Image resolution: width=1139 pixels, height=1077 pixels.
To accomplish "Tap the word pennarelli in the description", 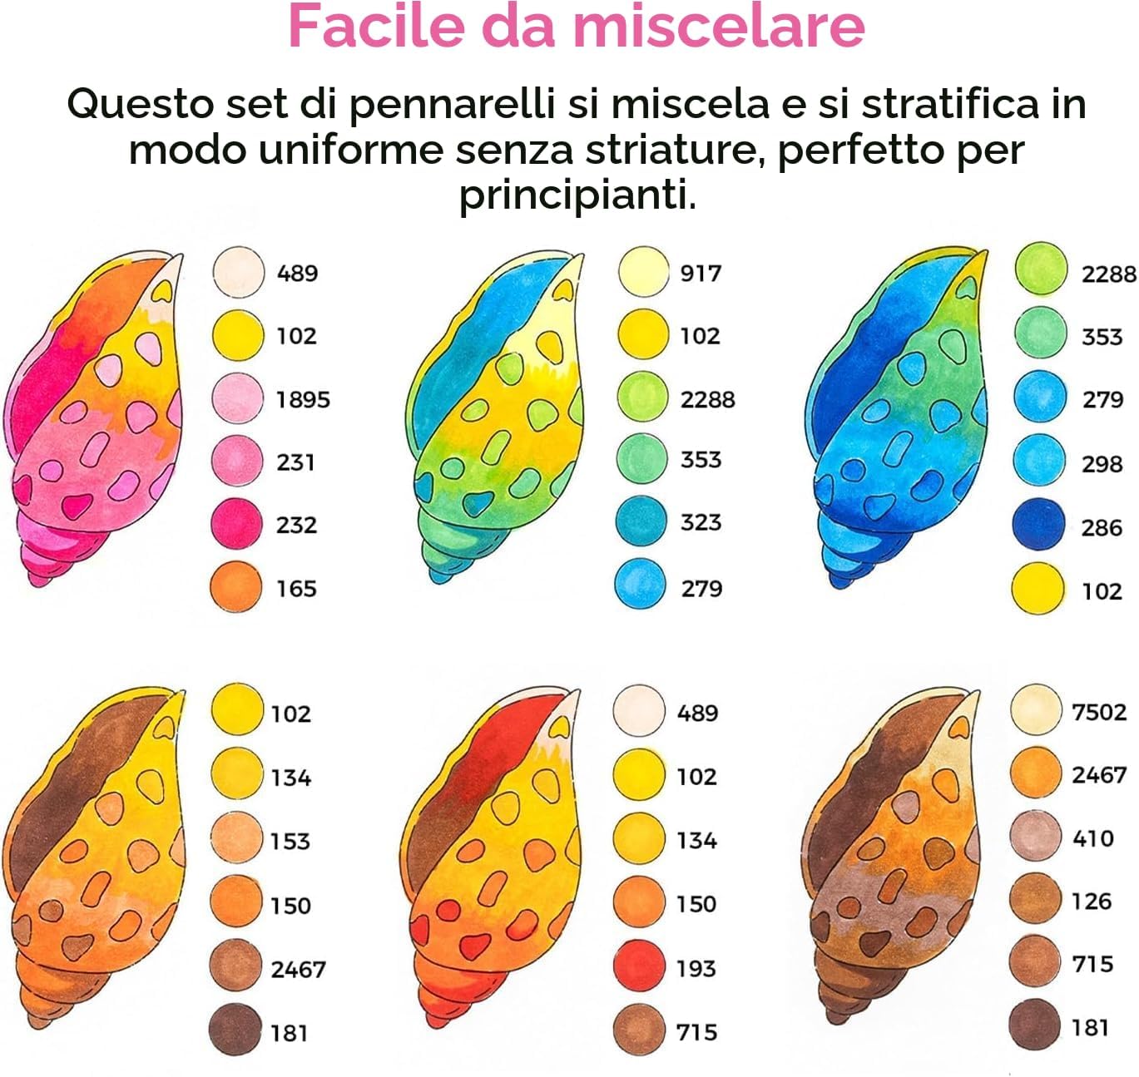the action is pos(452,106).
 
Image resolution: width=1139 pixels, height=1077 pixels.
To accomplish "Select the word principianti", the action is pos(577,195).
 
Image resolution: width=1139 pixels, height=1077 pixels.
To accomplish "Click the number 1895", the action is pos(303,400).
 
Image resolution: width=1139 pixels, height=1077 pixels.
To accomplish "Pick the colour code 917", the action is pos(701,274).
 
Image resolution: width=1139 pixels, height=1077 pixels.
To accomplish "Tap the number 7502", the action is pos(1099,713).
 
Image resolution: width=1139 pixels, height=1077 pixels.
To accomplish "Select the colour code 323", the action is pos(701,522).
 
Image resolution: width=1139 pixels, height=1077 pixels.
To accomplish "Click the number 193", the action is pos(696,967).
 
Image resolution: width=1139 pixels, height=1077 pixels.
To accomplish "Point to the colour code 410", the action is pos(1092,838).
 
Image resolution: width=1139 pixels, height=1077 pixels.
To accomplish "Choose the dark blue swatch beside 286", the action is pos(1039,523).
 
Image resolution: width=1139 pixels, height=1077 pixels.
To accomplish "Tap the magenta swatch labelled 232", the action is pos(236,523).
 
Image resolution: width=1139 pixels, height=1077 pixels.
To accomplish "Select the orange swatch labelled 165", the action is pos(236,586).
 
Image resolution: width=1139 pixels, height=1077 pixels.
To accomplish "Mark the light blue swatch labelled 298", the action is pos(1039,461).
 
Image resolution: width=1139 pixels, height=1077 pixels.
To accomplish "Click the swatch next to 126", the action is pos(1035,900).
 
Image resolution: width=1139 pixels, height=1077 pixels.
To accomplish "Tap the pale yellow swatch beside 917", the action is pos(644,271).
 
